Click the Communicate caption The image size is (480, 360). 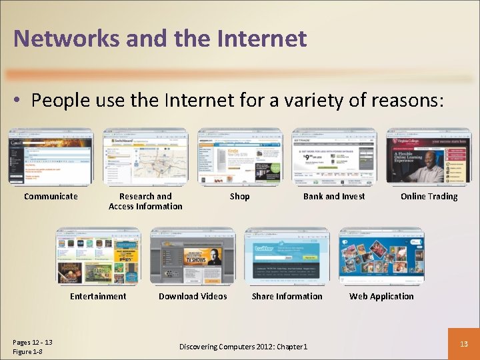[x=51, y=196]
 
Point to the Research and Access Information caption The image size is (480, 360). [x=145, y=201]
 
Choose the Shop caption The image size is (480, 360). [x=239, y=196]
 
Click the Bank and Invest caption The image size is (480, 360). [x=334, y=196]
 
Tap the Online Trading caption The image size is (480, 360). [x=429, y=196]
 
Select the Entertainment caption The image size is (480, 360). [x=98, y=296]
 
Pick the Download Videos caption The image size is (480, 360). [x=193, y=296]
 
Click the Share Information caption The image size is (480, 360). [x=287, y=296]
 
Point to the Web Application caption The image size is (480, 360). [x=381, y=296]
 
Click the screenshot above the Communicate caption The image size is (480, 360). [x=51, y=157]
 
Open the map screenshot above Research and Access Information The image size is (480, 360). [x=145, y=157]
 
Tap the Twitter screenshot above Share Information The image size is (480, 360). [x=287, y=257]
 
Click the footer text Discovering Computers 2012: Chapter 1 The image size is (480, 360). [x=243, y=347]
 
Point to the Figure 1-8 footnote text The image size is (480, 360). [x=27, y=351]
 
